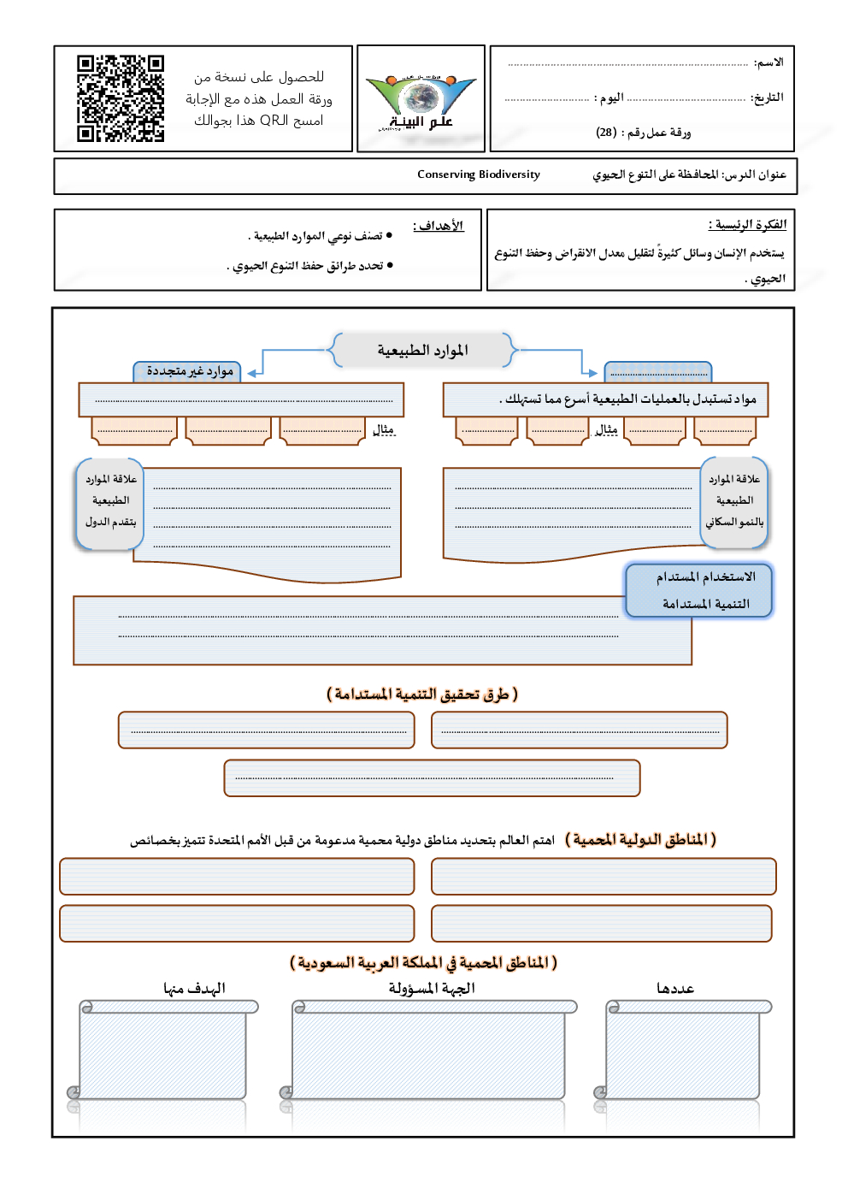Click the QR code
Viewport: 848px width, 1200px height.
[121, 98]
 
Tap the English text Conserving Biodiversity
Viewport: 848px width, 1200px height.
[479, 174]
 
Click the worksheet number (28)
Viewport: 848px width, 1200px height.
[606, 133]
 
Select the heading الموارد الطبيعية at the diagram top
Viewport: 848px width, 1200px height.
[423, 351]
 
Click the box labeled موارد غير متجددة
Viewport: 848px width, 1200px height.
[189, 371]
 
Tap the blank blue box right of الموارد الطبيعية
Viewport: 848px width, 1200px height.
[657, 372]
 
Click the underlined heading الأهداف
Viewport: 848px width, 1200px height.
[439, 226]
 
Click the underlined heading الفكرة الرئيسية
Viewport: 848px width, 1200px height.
[747, 225]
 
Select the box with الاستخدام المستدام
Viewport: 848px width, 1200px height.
[699, 590]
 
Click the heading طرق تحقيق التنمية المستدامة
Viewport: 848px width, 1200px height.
[422, 695]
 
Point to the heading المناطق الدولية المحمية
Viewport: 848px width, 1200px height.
[640, 840]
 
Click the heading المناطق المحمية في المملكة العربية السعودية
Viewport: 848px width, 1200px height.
[423, 963]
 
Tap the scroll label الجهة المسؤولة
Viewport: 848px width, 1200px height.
[432, 989]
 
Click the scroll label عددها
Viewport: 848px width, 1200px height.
[675, 989]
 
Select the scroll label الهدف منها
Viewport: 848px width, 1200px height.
[194, 989]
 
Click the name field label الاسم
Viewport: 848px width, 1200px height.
[768, 62]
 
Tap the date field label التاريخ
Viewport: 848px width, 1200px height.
[767, 98]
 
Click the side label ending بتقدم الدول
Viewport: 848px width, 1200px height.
[110, 501]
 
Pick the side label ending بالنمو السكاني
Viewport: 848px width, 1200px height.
[734, 501]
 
